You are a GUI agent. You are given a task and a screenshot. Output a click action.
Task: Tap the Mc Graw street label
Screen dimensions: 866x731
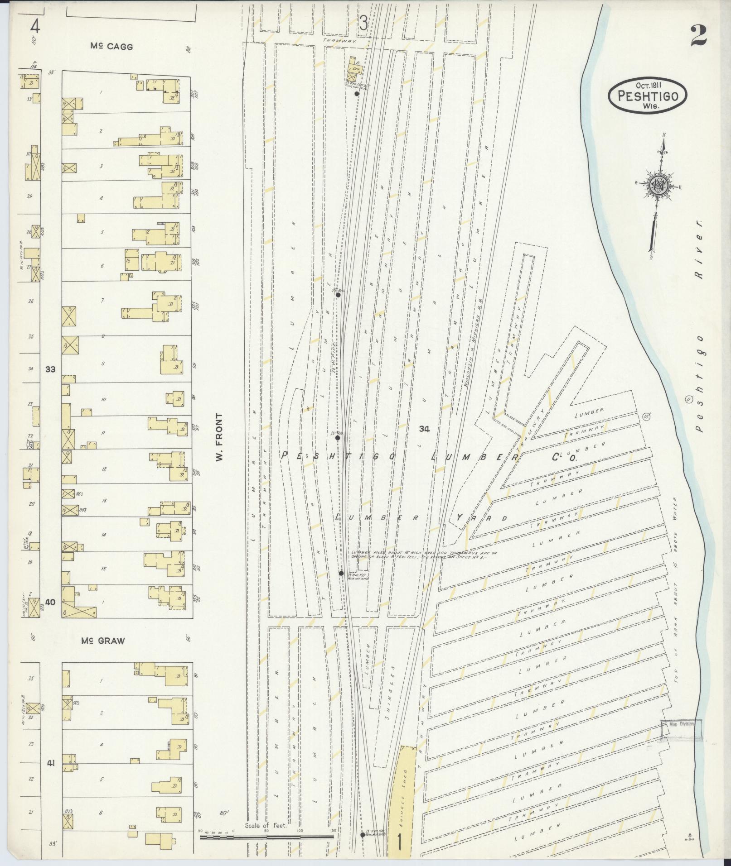(103, 641)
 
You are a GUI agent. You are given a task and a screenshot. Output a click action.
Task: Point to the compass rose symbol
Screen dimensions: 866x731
(658, 186)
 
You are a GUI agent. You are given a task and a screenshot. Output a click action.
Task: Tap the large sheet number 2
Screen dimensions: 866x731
(698, 35)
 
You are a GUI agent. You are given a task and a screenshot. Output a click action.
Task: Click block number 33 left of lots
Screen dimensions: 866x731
(50, 369)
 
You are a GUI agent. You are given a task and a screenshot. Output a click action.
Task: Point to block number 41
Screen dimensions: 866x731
(50, 763)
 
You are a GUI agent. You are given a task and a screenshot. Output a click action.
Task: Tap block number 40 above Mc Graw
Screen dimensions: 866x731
(50, 602)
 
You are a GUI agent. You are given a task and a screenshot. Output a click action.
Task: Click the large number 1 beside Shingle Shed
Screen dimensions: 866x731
(399, 843)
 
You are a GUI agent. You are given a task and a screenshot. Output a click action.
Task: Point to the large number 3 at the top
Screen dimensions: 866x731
(363, 23)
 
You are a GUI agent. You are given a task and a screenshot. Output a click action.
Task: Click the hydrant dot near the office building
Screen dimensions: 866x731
(357, 94)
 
